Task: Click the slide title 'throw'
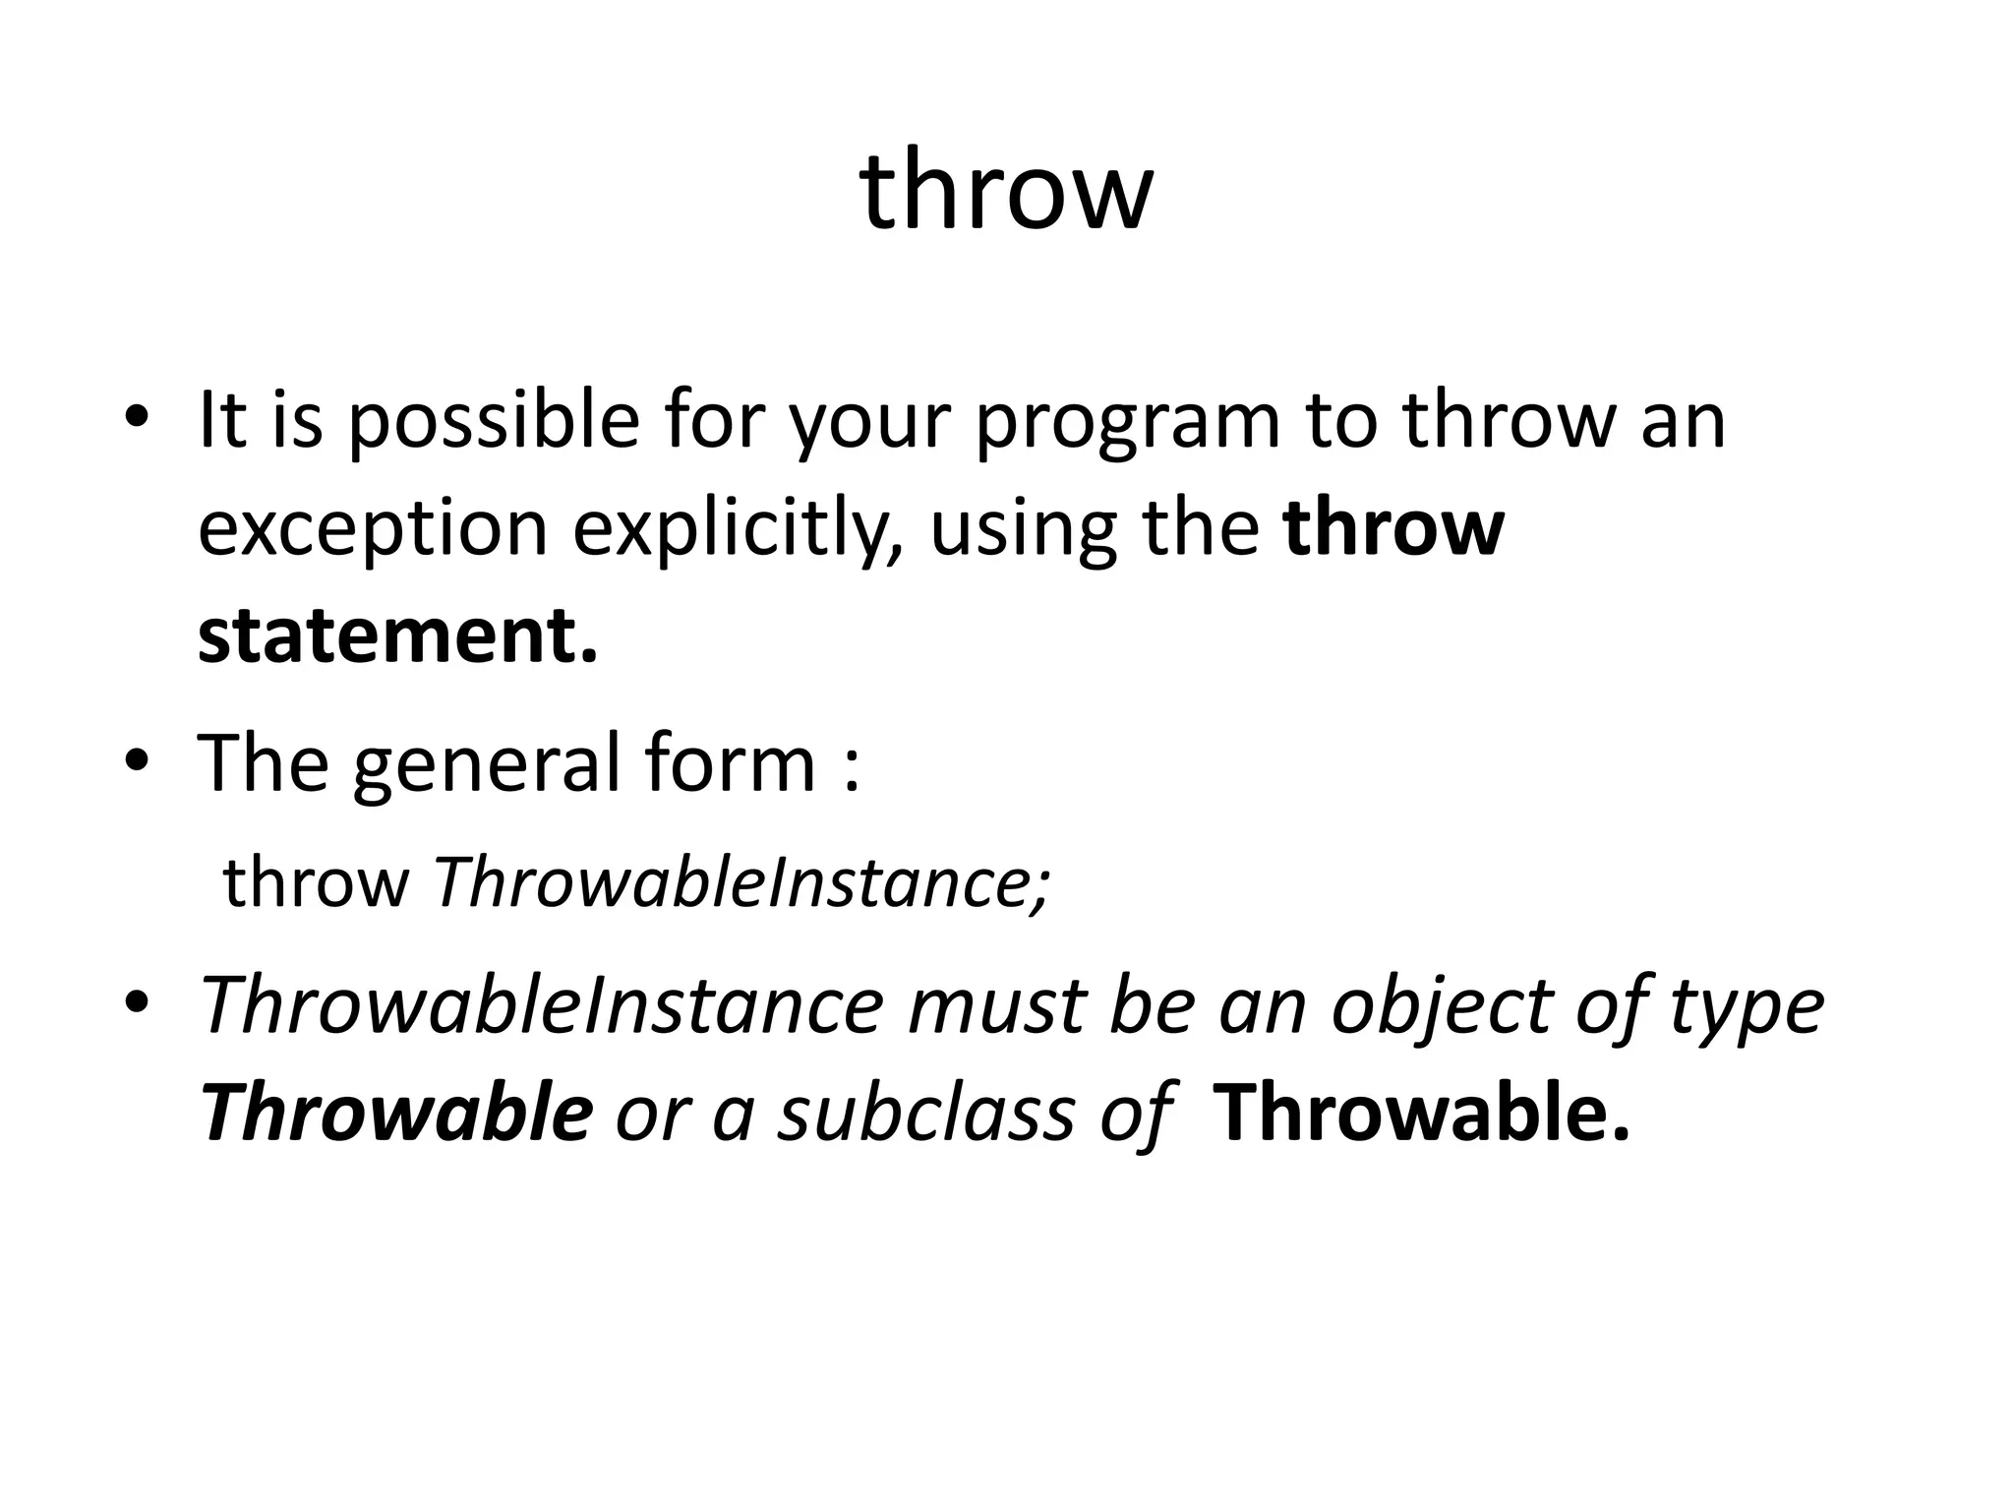[1006, 191]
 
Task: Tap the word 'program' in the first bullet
[1128, 421]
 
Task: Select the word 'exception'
[373, 529]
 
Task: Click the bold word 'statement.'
[397, 636]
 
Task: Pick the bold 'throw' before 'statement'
[1393, 529]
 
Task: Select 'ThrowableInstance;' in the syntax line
[742, 882]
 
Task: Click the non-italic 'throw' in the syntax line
[316, 882]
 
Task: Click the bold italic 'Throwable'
[396, 1114]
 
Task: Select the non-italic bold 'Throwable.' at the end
[1422, 1114]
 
